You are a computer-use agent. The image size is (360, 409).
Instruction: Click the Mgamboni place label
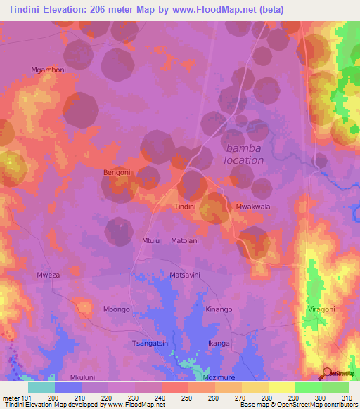49,70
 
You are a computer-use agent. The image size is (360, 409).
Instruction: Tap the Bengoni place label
117,172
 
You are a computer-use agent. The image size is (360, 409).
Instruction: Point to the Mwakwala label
254,207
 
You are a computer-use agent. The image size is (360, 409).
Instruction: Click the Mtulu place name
151,241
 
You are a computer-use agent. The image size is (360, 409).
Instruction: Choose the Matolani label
185,241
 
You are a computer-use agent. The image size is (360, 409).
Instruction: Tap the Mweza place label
49,275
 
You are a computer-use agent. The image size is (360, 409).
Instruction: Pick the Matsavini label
186,275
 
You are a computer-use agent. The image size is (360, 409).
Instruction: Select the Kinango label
219,309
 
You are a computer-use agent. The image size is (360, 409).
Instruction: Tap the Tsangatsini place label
151,343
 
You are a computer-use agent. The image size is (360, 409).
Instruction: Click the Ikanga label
219,343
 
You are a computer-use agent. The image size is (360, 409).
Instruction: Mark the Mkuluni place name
83,377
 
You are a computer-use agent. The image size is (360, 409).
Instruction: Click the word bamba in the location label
244,148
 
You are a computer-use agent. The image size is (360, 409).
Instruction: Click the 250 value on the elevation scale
174,398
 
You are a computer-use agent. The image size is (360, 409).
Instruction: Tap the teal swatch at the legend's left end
41,387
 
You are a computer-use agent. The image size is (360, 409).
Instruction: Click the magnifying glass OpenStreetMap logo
328,372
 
